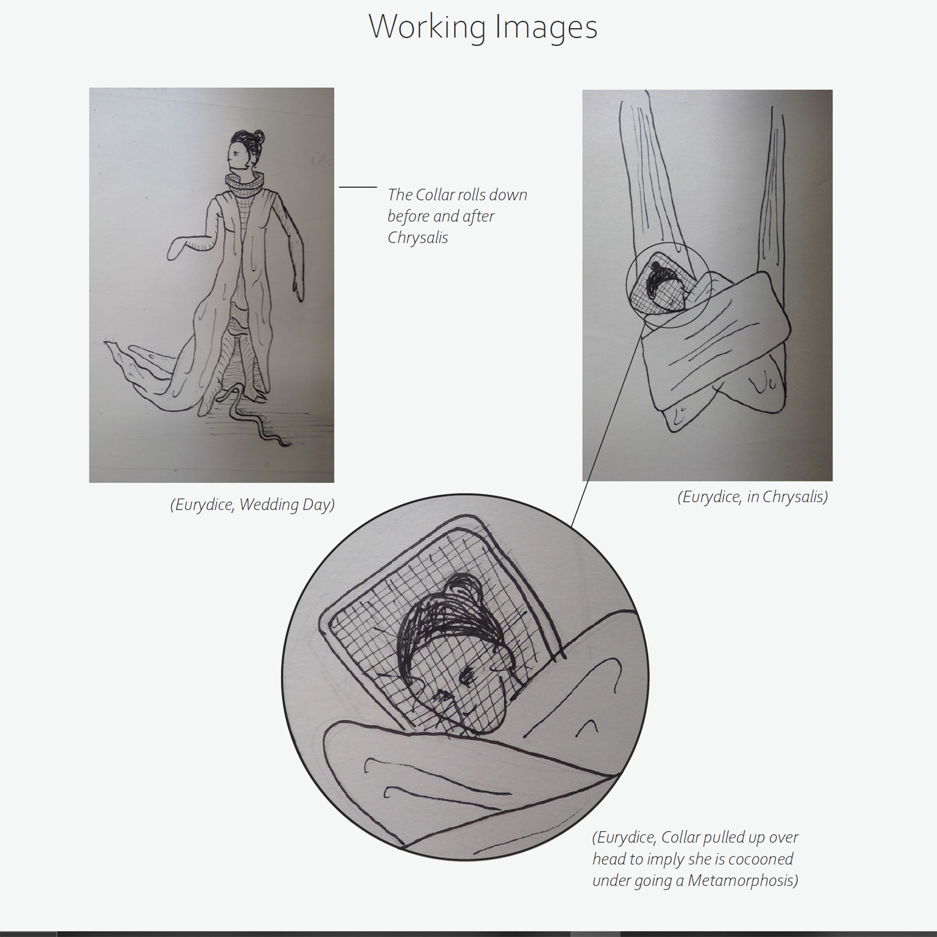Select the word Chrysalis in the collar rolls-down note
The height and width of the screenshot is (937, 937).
tap(417, 238)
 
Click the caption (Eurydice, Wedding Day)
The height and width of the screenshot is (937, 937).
tap(252, 505)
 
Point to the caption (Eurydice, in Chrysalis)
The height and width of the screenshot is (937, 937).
tap(753, 497)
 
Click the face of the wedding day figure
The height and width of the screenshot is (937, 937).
tap(236, 155)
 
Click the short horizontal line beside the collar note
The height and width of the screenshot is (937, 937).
tap(358, 187)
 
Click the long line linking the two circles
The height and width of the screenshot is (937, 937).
tap(608, 424)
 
